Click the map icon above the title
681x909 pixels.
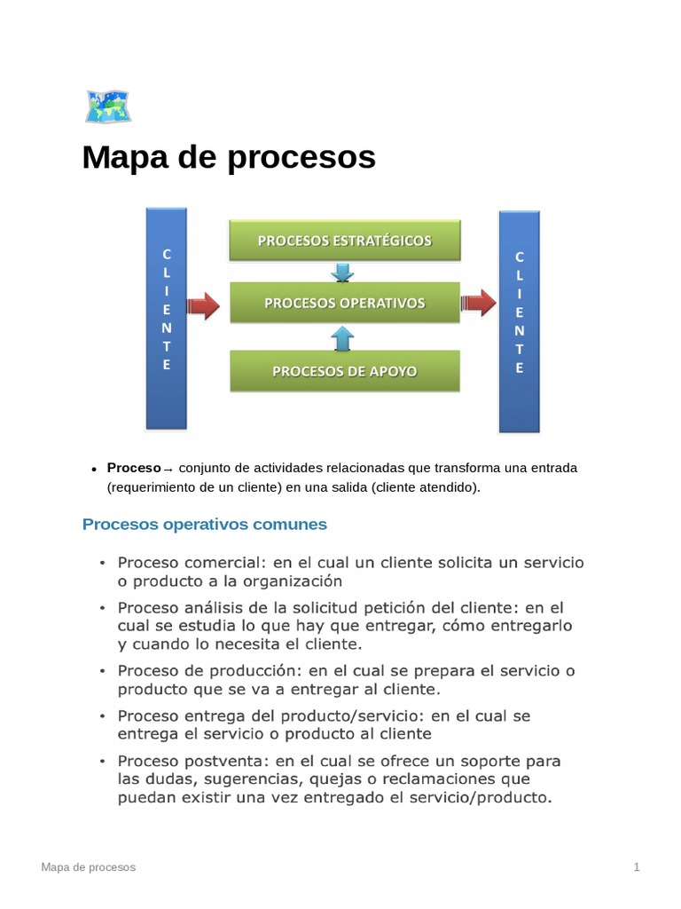[108, 106]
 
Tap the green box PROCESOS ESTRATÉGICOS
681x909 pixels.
[345, 241]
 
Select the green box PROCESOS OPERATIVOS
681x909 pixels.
[345, 303]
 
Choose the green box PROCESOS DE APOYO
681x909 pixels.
[345, 371]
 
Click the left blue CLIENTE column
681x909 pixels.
[166, 318]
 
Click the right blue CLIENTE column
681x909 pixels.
[520, 321]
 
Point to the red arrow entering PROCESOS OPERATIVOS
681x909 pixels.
[203, 305]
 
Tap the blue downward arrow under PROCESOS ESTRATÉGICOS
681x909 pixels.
[342, 271]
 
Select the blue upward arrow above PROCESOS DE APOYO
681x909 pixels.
[342, 337]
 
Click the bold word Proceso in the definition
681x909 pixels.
[133, 468]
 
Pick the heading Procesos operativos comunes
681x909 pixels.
[204, 525]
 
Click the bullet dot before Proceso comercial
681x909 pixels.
[102, 564]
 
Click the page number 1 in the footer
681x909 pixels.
[637, 867]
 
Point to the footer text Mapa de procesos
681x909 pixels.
[89, 867]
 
